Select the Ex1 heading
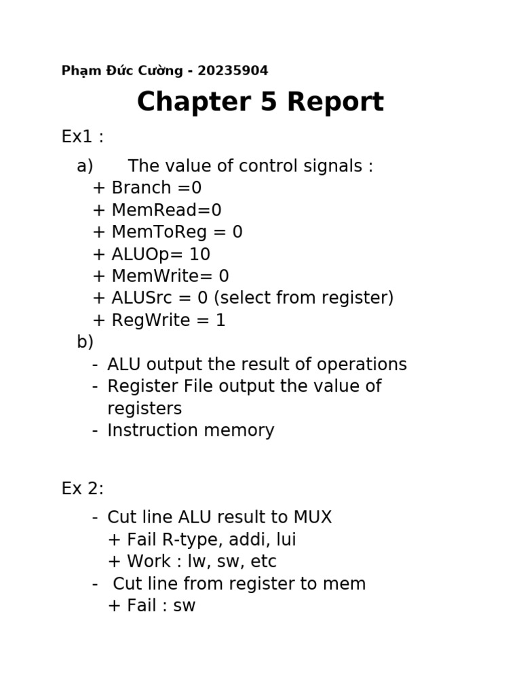point(82,137)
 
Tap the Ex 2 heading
point(82,489)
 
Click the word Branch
point(140,188)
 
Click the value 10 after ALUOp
point(200,255)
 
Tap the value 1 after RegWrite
point(220,321)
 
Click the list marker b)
point(85,342)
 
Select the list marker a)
point(85,167)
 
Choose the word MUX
point(313,518)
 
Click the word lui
point(286,540)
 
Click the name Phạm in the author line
point(79,71)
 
